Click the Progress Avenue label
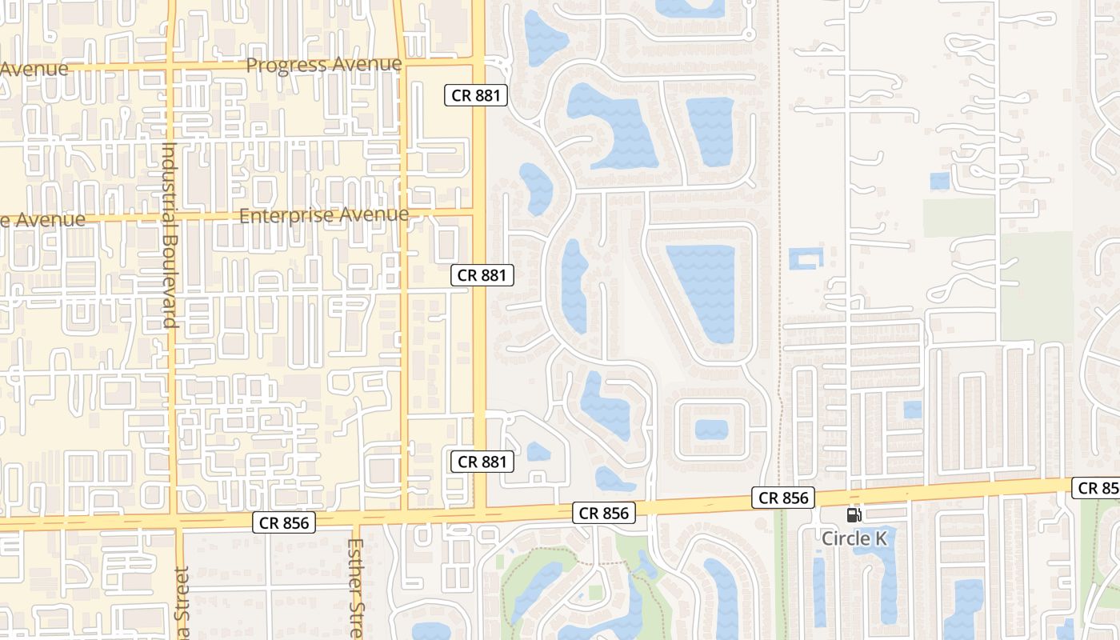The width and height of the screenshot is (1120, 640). point(324,65)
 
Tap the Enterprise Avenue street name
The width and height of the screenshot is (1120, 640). point(324,215)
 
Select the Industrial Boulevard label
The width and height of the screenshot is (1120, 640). point(169,234)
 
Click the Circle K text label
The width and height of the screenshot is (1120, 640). point(854,538)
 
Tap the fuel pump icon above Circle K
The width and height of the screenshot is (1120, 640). point(854,516)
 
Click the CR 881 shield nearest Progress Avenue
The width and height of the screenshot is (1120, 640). point(476,96)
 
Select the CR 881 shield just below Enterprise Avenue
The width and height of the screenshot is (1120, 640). point(481,275)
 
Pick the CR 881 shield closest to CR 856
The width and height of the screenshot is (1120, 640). point(481,462)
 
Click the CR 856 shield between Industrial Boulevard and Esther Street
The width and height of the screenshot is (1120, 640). point(284,523)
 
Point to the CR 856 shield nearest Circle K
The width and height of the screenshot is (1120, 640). point(784,498)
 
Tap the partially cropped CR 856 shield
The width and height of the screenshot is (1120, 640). point(1098,487)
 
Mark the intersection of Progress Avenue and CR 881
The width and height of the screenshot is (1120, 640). point(478,61)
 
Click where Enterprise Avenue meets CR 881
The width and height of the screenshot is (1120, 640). point(478,212)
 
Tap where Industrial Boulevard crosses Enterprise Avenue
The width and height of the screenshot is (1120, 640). point(171,215)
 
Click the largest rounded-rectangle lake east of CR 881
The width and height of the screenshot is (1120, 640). point(701,293)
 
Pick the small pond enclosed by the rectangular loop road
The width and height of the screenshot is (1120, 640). point(711,430)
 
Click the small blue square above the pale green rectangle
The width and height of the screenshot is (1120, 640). point(940,181)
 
